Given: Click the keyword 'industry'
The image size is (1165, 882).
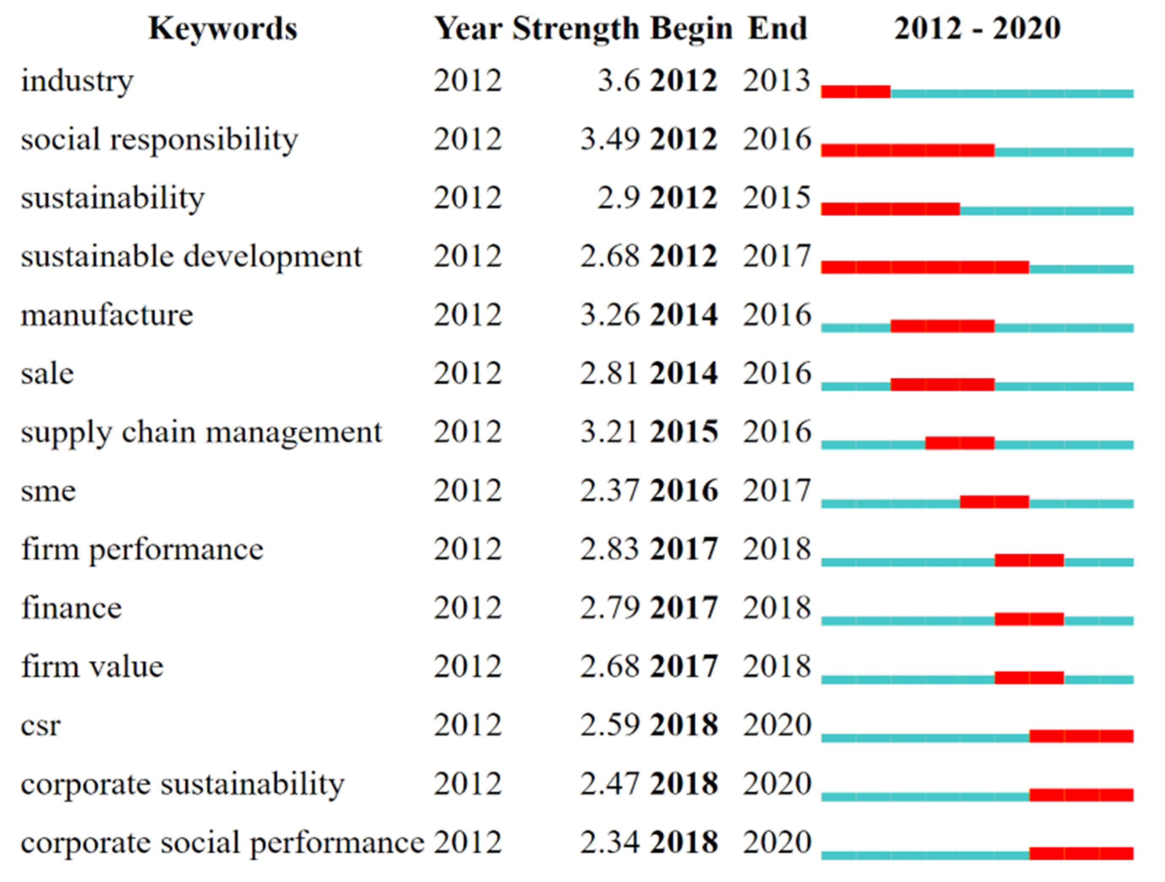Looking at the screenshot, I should coord(77,81).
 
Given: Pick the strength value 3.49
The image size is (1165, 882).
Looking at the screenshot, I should coord(610,140).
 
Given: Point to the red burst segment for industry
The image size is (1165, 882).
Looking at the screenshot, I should coord(855,92).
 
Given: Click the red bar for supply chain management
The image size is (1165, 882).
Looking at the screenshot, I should coord(959,442).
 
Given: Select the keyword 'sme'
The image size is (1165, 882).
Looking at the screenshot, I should coord(49,491).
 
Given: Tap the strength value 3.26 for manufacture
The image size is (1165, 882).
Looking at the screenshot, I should coord(610,315).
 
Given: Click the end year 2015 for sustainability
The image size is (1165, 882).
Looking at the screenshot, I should coord(776,198).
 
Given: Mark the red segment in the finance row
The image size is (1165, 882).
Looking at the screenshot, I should coord(1029,619).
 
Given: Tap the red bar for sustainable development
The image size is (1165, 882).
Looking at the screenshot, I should coord(925,267).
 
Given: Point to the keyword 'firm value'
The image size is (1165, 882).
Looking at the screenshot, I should coord(92,667).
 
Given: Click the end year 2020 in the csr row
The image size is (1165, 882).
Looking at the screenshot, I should coord(776,725).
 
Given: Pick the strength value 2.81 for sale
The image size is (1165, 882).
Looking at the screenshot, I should coord(610,374).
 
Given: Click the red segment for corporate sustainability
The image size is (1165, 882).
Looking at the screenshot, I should coord(1081,795).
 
